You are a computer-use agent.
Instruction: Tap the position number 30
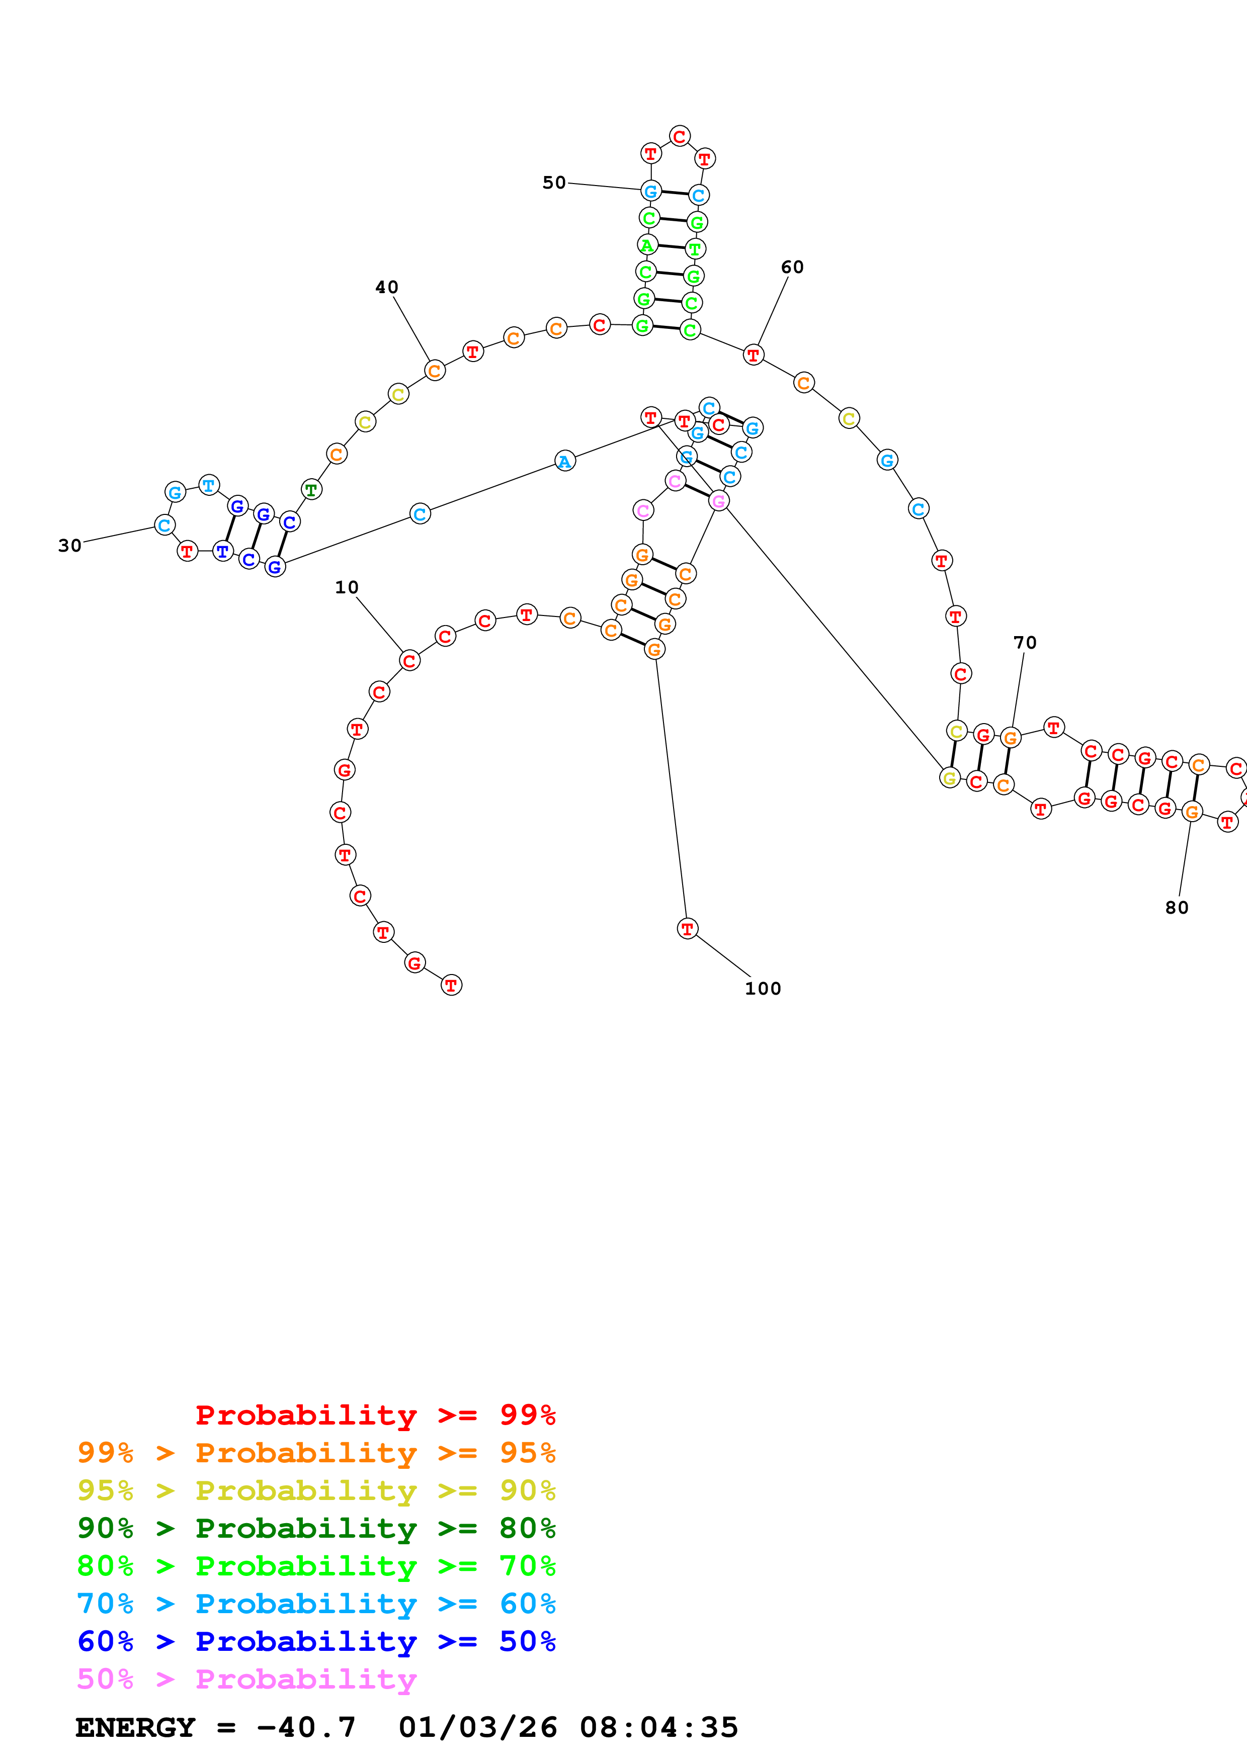coord(70,546)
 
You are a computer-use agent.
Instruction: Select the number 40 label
coord(386,287)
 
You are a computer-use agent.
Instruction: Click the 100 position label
coord(762,989)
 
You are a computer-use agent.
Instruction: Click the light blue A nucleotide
coord(565,461)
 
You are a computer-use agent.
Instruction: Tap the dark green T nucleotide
coord(310,489)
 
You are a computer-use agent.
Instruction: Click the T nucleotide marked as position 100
coord(687,929)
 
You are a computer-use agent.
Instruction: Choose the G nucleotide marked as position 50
coord(651,191)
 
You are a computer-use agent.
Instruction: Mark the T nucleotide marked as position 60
coord(753,355)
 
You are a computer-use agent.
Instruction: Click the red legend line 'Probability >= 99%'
coord(375,1415)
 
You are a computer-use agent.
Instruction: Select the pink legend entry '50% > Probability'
coord(246,1679)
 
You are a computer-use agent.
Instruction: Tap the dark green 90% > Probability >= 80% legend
coord(316,1527)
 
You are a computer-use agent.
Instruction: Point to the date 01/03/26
coord(477,1727)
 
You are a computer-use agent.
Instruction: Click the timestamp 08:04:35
coord(658,1727)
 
